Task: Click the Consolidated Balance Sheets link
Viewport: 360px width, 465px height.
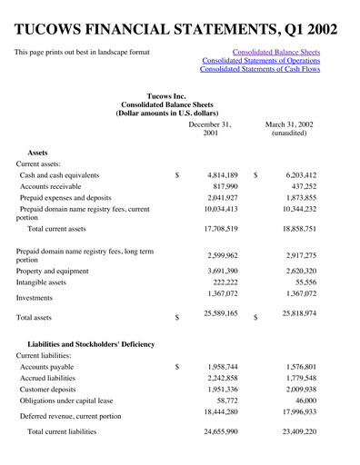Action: (x=276, y=52)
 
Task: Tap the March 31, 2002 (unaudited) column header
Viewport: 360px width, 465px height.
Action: (x=289, y=128)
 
